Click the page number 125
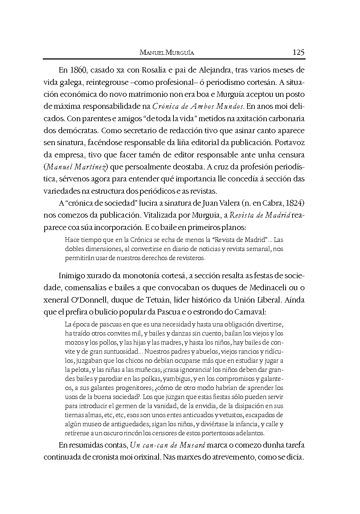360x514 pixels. (x=298, y=52)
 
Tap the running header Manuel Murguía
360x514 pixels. (x=167, y=53)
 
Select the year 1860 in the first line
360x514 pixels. (x=77, y=70)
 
